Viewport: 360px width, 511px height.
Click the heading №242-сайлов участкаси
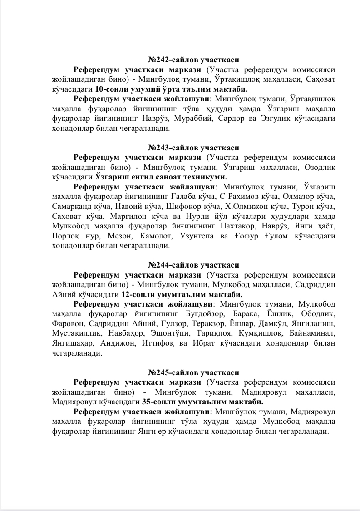coord(193,60)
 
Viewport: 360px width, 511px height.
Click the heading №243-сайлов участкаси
coord(193,148)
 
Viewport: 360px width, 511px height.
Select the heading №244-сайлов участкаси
coord(193,265)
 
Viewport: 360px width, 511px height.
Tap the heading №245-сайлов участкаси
coord(193,372)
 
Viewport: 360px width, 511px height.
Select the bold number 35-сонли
coord(158,402)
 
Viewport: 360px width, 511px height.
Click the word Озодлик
coord(322,167)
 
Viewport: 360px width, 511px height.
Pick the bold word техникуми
coord(209,177)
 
